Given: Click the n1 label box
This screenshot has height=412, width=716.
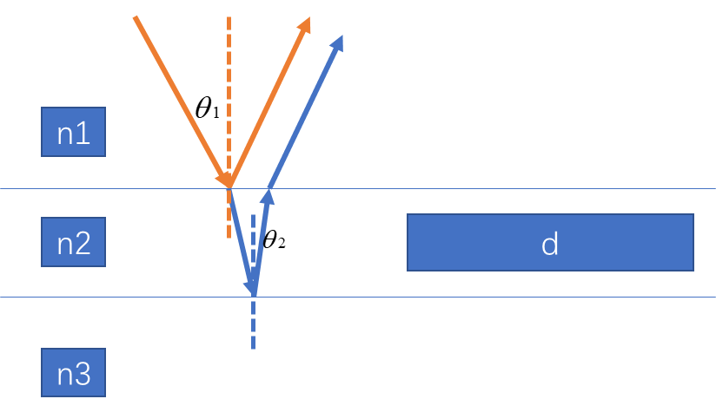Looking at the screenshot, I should (x=73, y=132).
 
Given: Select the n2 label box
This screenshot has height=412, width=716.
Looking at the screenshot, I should (x=73, y=242).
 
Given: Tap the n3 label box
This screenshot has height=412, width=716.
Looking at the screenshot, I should (x=73, y=372).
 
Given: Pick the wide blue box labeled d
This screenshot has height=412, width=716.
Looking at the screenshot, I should (x=550, y=243).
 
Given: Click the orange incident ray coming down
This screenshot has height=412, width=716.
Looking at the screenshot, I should (x=178, y=95).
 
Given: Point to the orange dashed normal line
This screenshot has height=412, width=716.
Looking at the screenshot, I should (x=229, y=87).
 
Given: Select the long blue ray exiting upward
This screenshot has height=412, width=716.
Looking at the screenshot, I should (x=304, y=113).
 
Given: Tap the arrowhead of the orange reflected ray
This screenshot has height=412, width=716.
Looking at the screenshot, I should (x=304, y=25).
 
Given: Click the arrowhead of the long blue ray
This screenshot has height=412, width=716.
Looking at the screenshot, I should (x=337, y=43).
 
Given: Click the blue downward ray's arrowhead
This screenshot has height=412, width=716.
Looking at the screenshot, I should (x=251, y=286).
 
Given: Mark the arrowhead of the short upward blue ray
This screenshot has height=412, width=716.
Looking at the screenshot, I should (x=267, y=197).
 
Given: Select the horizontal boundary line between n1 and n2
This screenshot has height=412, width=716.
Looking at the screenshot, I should (x=521, y=188).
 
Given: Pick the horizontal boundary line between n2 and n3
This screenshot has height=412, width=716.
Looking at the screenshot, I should (x=521, y=297).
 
